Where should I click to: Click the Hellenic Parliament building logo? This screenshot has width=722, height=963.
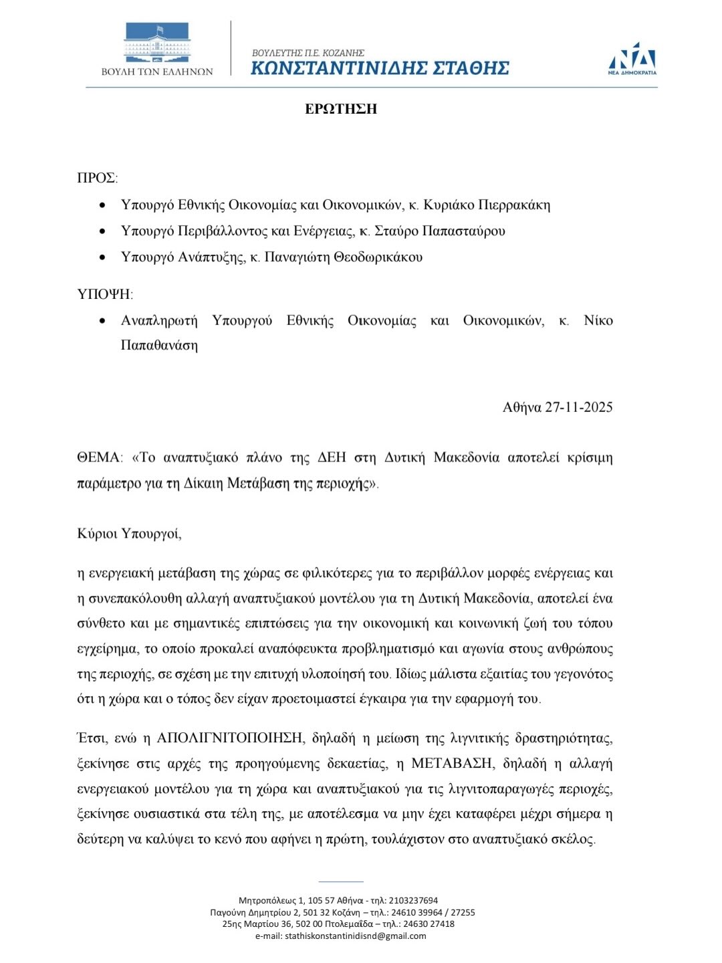pos(156,44)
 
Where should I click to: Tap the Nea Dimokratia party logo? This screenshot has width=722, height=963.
pos(632,58)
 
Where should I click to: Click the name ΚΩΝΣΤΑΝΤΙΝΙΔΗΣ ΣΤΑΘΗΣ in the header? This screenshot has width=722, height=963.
pos(380,68)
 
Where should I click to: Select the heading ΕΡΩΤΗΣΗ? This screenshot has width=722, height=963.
pos(341,109)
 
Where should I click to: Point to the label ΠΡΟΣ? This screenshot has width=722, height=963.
pos(98,178)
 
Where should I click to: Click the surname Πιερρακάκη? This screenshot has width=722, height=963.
pos(511,205)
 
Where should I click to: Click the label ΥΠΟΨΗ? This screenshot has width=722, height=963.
pos(105,294)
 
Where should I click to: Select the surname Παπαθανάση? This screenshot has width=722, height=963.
pos(159,346)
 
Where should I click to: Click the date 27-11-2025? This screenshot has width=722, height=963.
pos(579,407)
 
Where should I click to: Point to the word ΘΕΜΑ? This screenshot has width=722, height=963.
pos(100,458)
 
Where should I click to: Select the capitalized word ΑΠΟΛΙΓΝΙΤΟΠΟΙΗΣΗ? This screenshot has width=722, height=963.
pos(230,738)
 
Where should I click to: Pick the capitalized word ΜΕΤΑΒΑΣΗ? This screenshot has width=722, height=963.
pos(452,764)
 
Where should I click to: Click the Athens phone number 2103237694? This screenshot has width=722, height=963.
pos(413,900)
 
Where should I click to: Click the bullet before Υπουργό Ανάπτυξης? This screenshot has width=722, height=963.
pos(102,257)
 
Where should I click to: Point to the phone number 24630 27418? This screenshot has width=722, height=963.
pos(429,924)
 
